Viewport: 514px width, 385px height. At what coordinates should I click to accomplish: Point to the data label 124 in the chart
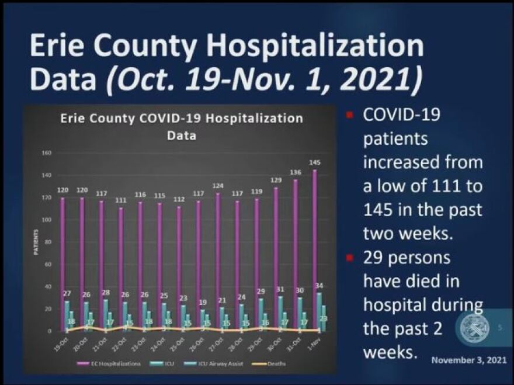click(218, 186)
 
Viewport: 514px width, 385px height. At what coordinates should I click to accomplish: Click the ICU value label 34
click(319, 286)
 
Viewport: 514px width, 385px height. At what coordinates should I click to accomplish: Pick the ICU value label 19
click(203, 303)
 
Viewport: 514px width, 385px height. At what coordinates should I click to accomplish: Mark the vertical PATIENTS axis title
click(36, 242)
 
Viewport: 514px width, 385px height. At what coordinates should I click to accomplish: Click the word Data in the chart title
click(182, 136)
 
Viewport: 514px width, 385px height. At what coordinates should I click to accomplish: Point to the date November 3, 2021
click(469, 360)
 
